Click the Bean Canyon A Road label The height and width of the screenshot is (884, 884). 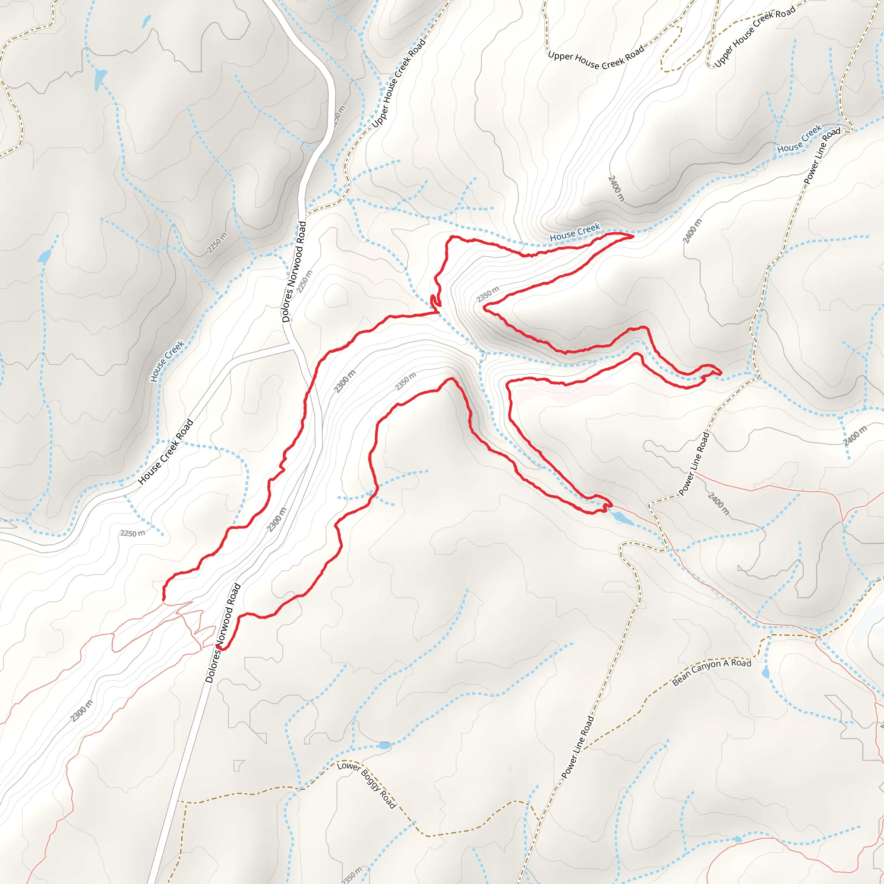click(x=711, y=672)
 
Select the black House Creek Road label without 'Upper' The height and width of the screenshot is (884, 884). click(x=166, y=451)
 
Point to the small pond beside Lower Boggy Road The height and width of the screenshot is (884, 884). click(x=384, y=745)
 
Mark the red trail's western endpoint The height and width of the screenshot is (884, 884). click(x=164, y=599)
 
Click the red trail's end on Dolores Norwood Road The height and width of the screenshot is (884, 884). click(x=223, y=647)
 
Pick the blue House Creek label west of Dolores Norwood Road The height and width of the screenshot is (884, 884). click(x=167, y=361)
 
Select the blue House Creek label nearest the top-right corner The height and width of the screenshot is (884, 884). click(x=799, y=139)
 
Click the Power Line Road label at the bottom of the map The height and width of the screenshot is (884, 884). click(x=578, y=747)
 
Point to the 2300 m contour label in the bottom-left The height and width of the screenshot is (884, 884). click(x=82, y=711)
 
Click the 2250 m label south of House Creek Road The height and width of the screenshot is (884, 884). click(x=133, y=533)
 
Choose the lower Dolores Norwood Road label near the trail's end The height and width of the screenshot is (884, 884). click(x=223, y=633)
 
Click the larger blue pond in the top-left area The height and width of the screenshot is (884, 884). click(x=100, y=79)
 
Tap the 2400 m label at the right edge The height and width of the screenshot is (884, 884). click(x=855, y=436)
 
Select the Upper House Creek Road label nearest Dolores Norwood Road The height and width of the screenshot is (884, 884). click(x=398, y=83)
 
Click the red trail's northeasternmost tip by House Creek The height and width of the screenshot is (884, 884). click(x=632, y=236)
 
